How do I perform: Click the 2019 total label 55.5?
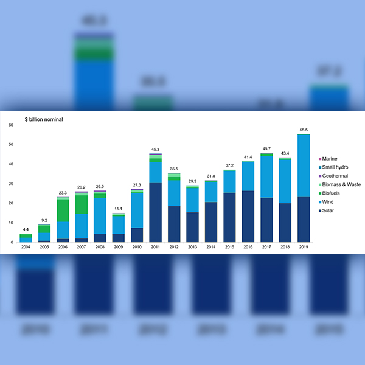(304, 130)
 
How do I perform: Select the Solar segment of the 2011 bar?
(156, 213)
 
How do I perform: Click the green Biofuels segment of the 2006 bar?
(63, 210)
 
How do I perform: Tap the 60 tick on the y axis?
(10, 125)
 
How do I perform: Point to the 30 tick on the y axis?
(10, 184)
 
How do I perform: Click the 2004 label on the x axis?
(26, 248)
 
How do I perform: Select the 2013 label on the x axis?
(193, 248)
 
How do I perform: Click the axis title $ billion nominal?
(43, 119)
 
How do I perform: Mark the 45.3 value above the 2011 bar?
(156, 149)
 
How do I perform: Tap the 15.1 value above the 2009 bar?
(119, 209)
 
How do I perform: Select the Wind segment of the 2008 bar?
(100, 216)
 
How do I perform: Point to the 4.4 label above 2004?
(26, 229)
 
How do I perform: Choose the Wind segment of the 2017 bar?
(266, 177)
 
